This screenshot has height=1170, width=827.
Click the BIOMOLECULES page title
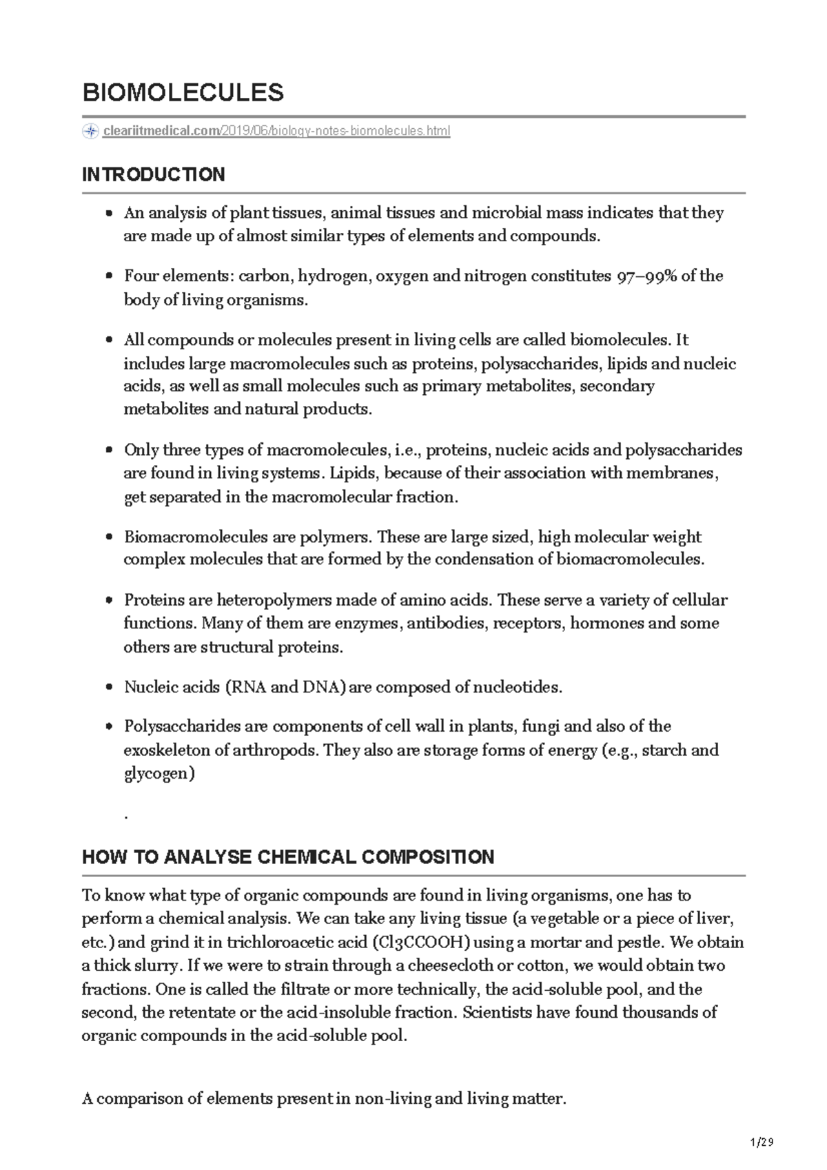coord(183,92)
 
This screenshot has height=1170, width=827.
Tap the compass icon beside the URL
coord(90,132)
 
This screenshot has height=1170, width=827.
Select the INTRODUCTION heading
coord(153,174)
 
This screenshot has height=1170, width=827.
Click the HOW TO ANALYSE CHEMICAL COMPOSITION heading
coord(287,857)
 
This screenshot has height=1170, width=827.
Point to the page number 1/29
coord(762,1142)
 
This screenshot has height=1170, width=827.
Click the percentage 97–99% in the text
coord(644,276)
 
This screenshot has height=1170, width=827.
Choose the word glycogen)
coord(159,773)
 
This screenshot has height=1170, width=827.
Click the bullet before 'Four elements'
coord(109,277)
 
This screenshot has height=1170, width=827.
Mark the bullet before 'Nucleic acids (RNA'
coord(109,688)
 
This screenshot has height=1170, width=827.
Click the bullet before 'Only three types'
coord(109,451)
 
